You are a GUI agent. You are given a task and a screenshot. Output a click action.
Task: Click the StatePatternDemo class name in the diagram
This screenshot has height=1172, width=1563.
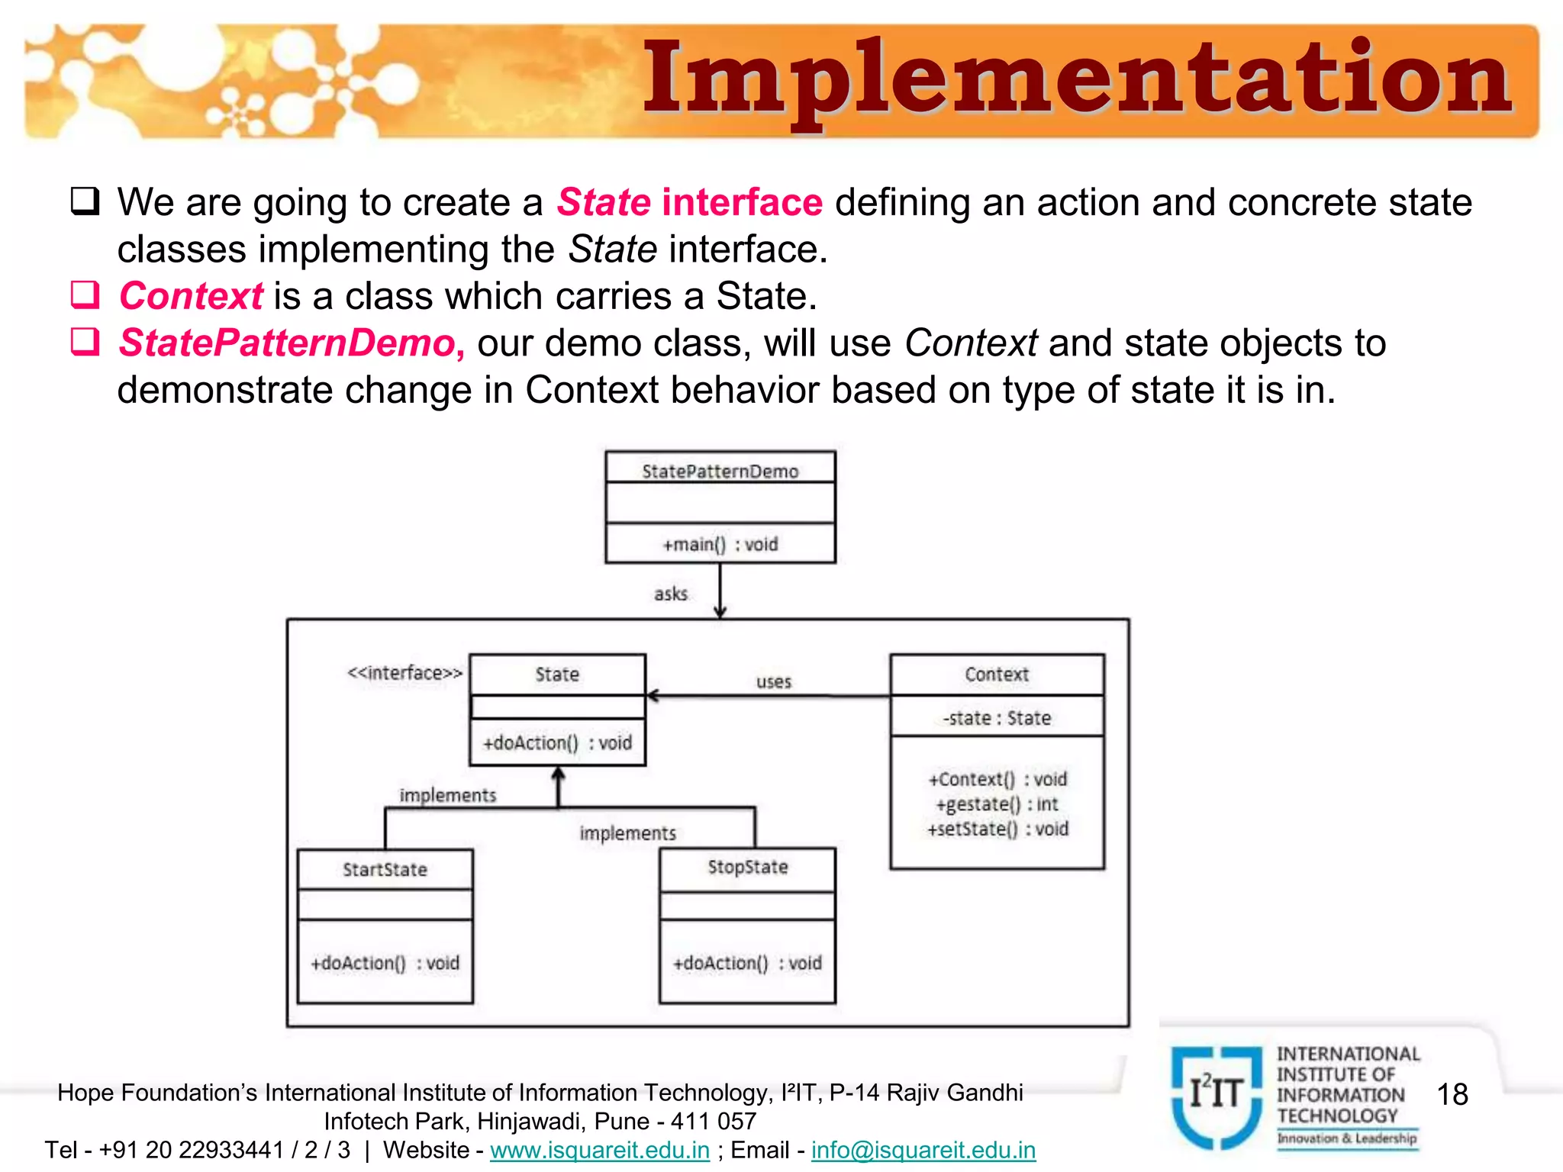point(720,472)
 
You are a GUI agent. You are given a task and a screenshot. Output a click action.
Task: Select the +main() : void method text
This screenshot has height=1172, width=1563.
point(720,544)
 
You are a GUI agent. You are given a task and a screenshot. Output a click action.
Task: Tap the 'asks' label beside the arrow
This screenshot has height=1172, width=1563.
point(670,594)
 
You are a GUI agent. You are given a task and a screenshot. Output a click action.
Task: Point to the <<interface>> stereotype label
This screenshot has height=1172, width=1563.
point(404,673)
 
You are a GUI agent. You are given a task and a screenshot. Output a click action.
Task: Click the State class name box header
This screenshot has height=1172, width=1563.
point(557,675)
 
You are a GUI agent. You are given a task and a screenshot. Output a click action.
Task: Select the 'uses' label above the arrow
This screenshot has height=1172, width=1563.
point(773,681)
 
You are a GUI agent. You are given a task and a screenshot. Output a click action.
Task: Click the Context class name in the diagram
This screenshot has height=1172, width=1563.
point(996,675)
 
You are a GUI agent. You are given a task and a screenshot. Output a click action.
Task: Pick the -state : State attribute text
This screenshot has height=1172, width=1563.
point(996,718)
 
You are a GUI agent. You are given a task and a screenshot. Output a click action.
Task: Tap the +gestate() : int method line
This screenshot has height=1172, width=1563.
point(996,804)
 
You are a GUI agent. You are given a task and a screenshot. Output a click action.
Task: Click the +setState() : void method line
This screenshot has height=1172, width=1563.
point(996,829)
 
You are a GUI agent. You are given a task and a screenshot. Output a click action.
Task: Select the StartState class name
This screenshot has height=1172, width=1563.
point(385,870)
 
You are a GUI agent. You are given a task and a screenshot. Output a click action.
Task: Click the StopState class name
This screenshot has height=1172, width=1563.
point(747,868)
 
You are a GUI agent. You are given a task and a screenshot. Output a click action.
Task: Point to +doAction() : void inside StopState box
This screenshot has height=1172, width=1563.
point(747,963)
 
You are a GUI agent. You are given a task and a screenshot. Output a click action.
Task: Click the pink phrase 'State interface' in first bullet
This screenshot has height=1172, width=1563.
point(689,203)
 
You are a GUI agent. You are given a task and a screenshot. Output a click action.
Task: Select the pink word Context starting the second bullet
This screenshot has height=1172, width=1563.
point(191,296)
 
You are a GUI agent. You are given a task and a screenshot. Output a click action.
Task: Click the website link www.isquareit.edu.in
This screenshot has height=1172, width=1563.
point(599,1150)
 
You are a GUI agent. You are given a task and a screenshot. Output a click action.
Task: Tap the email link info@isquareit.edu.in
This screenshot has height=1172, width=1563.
point(923,1150)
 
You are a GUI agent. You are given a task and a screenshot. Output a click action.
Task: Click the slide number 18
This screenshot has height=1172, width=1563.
point(1452,1095)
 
